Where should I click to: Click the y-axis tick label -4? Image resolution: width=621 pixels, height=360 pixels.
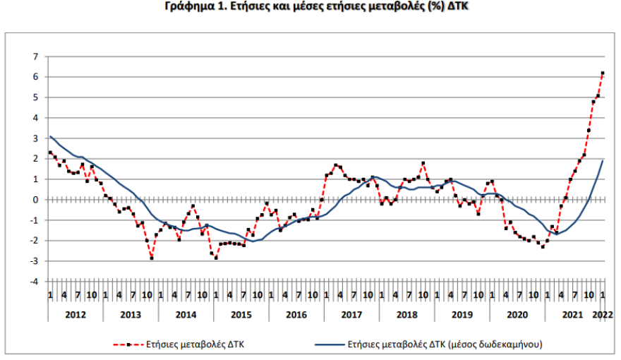coord(32,282)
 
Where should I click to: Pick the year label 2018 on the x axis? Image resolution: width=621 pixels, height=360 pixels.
coord(406,313)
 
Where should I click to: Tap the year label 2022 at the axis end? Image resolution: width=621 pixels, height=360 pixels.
coord(603,313)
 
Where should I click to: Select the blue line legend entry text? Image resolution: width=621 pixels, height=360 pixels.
coord(444,344)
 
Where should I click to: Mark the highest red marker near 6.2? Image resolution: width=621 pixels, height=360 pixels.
coord(603,73)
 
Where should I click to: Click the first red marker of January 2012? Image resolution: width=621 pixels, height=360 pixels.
coord(50,152)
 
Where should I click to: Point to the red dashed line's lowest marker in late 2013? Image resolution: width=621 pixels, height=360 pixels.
coord(151,258)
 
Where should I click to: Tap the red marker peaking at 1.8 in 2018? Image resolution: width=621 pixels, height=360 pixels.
coord(423,163)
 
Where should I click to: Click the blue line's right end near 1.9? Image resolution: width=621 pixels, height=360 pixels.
coord(603,161)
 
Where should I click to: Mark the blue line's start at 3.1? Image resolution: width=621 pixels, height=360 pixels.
coord(50,136)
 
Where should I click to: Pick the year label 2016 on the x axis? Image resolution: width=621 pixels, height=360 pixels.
coord(296,313)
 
